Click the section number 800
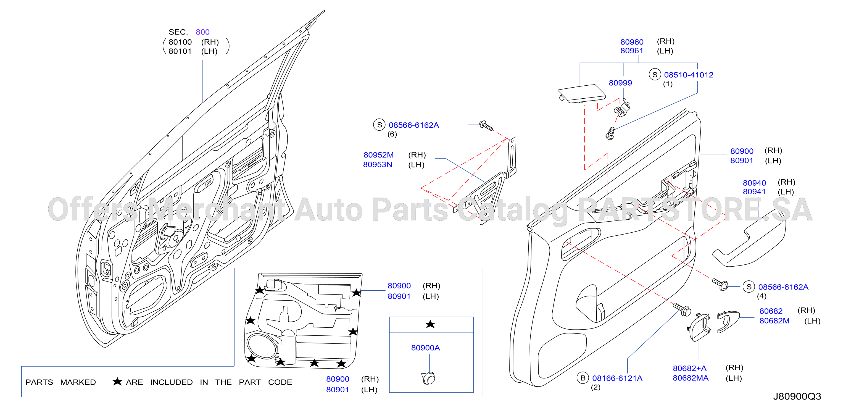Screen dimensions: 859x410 coord(202,32)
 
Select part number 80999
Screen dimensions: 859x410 coord(620,83)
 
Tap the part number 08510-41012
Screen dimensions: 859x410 coord(689,75)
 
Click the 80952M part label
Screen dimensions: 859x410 coord(378,155)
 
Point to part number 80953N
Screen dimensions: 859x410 coord(378,164)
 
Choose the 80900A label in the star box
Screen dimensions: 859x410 coord(426,348)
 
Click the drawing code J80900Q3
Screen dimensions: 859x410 coord(797,396)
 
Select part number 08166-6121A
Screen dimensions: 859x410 coord(617,378)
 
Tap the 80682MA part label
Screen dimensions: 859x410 coord(691,378)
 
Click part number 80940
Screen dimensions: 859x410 coord(754,183)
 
